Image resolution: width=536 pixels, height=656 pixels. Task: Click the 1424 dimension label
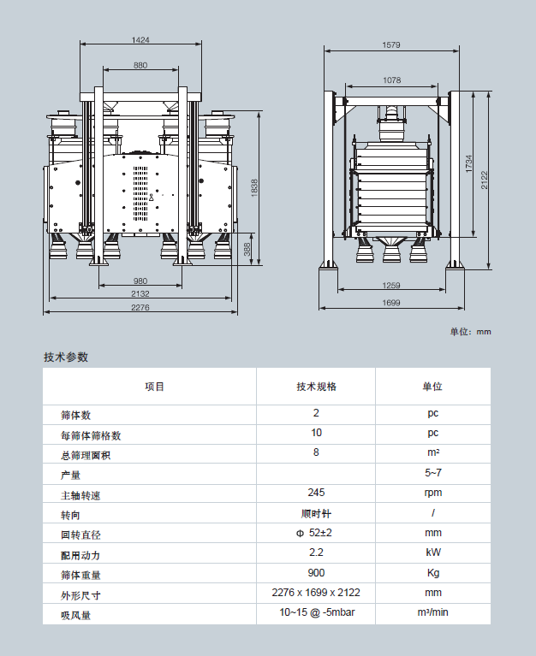140,40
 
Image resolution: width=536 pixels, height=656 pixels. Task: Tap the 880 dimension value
140,66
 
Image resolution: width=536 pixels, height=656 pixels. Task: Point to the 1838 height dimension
253,188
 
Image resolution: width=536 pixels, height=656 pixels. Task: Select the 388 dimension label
247,249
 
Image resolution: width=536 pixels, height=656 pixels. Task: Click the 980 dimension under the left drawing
140,281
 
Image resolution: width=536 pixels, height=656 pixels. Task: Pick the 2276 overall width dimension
140,308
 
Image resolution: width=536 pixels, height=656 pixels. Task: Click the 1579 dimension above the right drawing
391,44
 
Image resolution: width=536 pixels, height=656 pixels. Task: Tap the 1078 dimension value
391,80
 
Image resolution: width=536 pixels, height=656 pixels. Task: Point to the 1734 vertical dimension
468,165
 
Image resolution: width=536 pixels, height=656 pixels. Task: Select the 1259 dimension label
391,286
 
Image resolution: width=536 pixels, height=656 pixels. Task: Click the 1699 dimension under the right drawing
391,303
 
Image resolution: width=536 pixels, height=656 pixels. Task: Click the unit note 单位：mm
471,332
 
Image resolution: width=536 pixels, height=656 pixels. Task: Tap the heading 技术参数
66,358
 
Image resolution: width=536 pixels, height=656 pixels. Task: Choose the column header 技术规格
316,387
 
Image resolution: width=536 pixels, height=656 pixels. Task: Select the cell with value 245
316,493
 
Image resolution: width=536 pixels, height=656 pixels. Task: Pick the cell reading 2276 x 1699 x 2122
316,593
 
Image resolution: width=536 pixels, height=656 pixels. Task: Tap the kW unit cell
433,553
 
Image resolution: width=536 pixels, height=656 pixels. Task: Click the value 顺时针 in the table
316,514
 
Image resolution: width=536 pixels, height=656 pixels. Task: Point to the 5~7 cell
433,473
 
